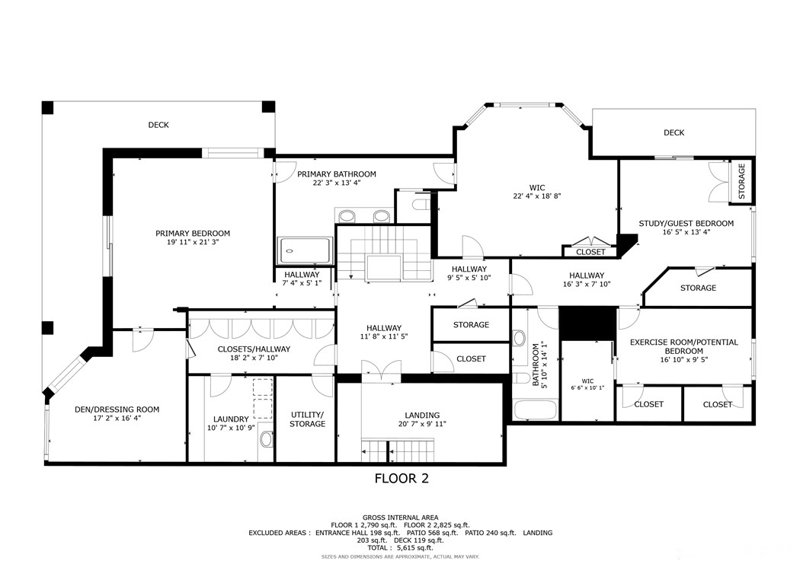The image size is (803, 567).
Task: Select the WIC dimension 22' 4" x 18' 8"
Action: click(536, 196)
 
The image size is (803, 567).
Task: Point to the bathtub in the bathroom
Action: click(536, 409)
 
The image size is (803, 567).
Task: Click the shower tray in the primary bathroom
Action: click(305, 250)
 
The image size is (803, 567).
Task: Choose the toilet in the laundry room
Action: click(266, 439)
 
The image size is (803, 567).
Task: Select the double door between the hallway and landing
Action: click(380, 369)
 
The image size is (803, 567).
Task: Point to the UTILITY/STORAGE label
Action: click(307, 419)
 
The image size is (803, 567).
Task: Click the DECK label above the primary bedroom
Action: click(158, 125)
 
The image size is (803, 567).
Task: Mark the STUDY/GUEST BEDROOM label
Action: click(686, 223)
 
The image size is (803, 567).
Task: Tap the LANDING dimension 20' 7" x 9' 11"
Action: click(421, 424)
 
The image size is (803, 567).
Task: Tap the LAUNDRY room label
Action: click(231, 419)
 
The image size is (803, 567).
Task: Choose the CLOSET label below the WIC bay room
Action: click(590, 252)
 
